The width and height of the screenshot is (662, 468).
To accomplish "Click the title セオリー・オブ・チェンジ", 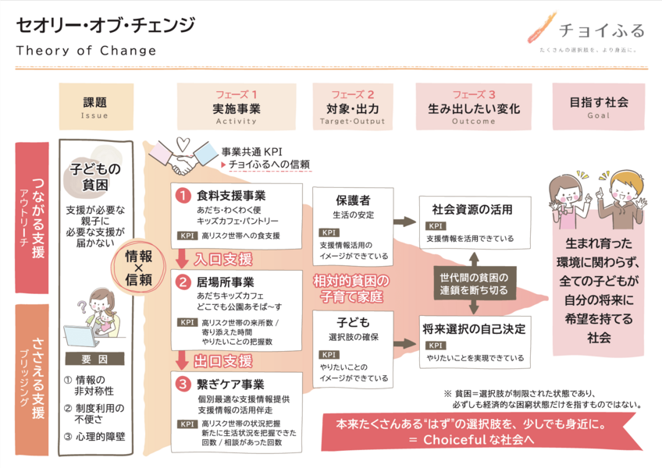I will (105, 25).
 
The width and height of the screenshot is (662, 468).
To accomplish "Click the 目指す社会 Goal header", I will (599, 107).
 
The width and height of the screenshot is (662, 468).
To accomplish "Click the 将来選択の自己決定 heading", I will (471, 328).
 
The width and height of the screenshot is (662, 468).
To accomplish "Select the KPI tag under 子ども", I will (329, 354).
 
